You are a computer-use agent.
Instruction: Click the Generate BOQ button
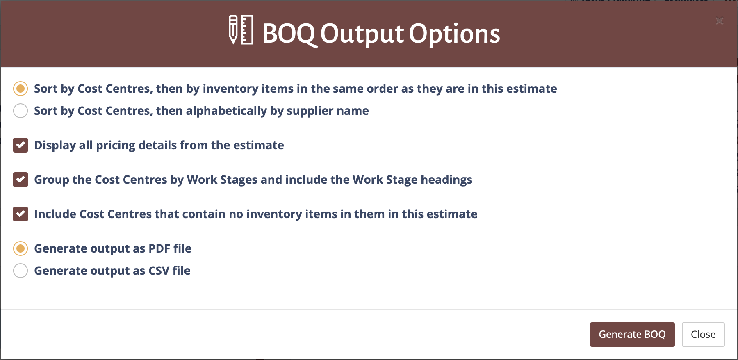632,334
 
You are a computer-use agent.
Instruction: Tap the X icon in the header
719,21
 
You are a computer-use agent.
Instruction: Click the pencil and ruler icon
241,30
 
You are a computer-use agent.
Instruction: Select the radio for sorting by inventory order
20,89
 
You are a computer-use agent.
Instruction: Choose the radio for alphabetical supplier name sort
20,111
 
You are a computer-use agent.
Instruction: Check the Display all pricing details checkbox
20,145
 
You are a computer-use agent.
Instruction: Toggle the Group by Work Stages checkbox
20,180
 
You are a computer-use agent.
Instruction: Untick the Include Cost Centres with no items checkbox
20,214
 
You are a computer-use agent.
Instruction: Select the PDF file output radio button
20,248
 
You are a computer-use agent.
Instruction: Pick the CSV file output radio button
20,271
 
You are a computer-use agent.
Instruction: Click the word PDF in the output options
159,248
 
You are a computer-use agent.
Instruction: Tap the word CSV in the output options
159,271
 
